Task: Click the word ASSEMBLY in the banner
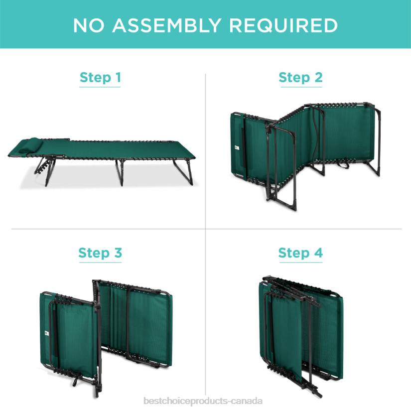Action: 166,25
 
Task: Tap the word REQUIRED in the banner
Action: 283,25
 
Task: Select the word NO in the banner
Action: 89,25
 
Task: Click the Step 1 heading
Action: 100,77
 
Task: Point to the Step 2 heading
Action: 300,77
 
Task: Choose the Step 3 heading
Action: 100,253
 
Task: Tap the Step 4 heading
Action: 300,253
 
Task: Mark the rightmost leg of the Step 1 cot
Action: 183,172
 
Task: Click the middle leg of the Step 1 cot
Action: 120,172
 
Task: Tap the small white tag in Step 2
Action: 237,148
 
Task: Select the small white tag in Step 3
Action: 47,333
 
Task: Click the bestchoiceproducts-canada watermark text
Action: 203,401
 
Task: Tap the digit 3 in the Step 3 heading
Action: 118,253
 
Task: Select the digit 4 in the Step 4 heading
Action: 318,253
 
